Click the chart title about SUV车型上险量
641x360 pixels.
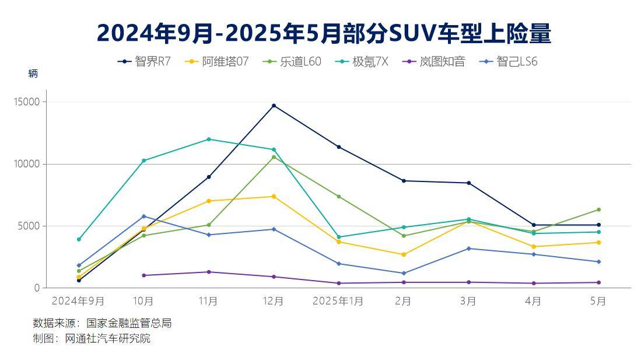(324, 33)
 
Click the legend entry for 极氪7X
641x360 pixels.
(362, 61)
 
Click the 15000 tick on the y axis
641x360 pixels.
(27, 102)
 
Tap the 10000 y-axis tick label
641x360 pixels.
(27, 164)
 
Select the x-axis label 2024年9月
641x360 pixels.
(78, 301)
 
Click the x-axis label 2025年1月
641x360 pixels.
(338, 301)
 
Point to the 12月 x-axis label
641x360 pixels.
(273, 301)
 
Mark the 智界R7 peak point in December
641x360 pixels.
(274, 106)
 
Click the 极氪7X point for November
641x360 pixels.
(208, 139)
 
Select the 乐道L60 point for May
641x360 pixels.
(598, 209)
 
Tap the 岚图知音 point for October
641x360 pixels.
(143, 275)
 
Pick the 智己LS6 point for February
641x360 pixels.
(404, 273)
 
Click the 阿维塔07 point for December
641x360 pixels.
(274, 197)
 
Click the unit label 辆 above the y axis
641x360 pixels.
(33, 74)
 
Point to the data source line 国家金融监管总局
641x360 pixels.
(102, 323)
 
